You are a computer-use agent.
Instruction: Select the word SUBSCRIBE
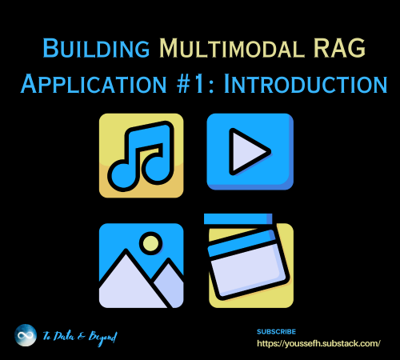[x=277, y=330]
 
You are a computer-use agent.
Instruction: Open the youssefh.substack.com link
[x=318, y=343]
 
